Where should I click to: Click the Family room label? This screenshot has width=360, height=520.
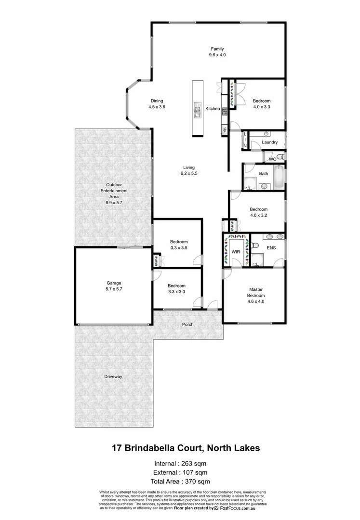(x=217, y=49)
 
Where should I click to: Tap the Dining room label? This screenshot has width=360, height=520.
(x=157, y=101)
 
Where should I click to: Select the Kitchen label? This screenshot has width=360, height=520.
(x=213, y=109)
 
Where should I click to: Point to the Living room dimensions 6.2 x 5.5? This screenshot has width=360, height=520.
(x=189, y=173)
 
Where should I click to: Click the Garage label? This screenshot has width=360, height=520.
(x=114, y=283)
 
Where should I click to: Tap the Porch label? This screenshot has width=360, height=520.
(x=187, y=325)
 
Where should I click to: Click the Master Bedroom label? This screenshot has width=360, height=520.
(x=255, y=293)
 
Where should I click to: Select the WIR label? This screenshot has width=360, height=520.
(x=236, y=251)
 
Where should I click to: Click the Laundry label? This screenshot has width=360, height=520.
(x=270, y=143)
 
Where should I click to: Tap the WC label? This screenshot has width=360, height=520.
(x=272, y=159)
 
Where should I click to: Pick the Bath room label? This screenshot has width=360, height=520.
(x=264, y=174)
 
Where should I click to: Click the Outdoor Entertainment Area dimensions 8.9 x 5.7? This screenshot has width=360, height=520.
(x=114, y=203)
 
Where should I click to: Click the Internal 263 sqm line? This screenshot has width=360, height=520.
(x=180, y=464)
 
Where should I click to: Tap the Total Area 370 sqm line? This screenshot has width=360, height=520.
(x=180, y=481)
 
